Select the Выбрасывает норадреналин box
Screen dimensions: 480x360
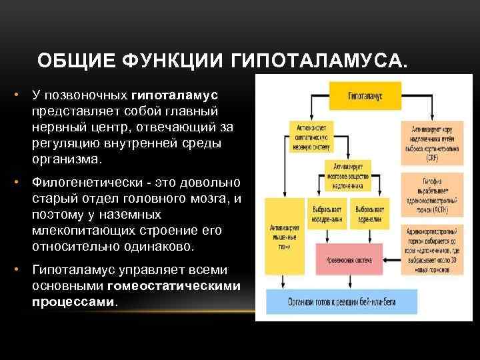point(328,213)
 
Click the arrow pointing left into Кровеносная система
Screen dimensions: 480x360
point(391,260)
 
